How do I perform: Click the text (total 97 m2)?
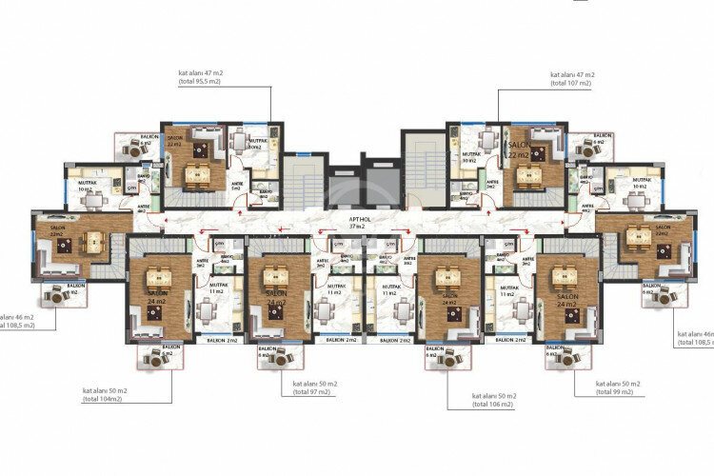[307, 391]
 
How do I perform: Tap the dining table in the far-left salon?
[93, 243]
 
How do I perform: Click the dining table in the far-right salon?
[639, 237]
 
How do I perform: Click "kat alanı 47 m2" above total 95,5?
[200, 72]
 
